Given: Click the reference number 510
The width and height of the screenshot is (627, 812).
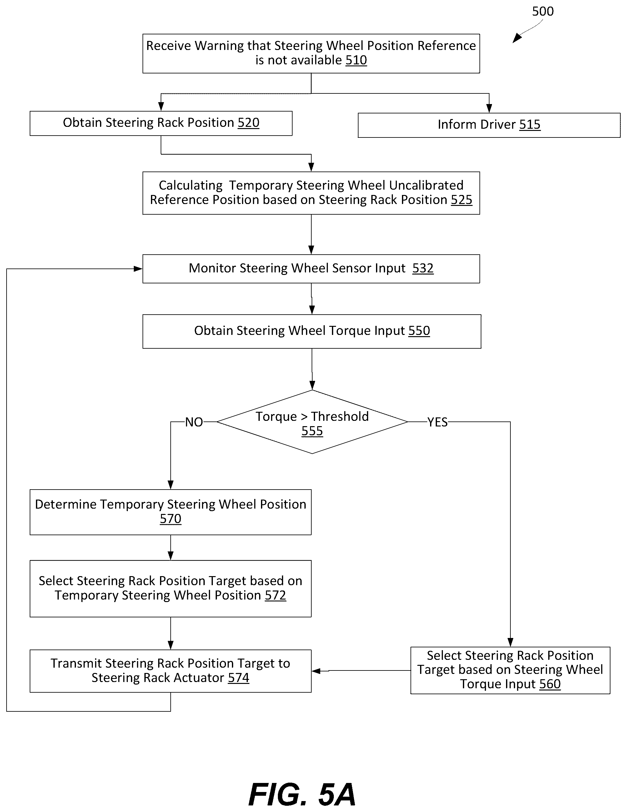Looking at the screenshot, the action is (356, 60).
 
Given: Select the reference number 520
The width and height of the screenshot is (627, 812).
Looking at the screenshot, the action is (248, 123).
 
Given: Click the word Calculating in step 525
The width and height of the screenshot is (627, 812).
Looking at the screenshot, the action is (190, 185).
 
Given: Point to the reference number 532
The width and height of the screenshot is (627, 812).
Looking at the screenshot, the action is (423, 268).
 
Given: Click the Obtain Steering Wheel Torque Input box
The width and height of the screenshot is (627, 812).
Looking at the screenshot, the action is (312, 331).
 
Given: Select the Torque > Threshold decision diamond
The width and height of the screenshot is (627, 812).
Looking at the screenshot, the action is (312, 421).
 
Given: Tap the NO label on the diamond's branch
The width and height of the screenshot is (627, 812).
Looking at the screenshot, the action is (194, 422).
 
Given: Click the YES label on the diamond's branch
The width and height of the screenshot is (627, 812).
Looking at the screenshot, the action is (437, 422).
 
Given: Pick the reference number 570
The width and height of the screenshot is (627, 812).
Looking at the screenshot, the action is (171, 519).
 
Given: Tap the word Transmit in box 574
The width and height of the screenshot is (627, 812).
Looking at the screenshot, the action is (76, 663).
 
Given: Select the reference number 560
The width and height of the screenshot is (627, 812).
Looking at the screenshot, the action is (550, 684).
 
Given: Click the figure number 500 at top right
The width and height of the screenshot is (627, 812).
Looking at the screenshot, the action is (543, 12).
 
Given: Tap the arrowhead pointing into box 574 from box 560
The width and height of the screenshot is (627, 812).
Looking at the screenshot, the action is (316, 671).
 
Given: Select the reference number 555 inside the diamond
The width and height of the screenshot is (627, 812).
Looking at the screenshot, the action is (312, 431).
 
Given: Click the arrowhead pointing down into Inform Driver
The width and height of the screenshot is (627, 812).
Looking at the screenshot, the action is (489, 108).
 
